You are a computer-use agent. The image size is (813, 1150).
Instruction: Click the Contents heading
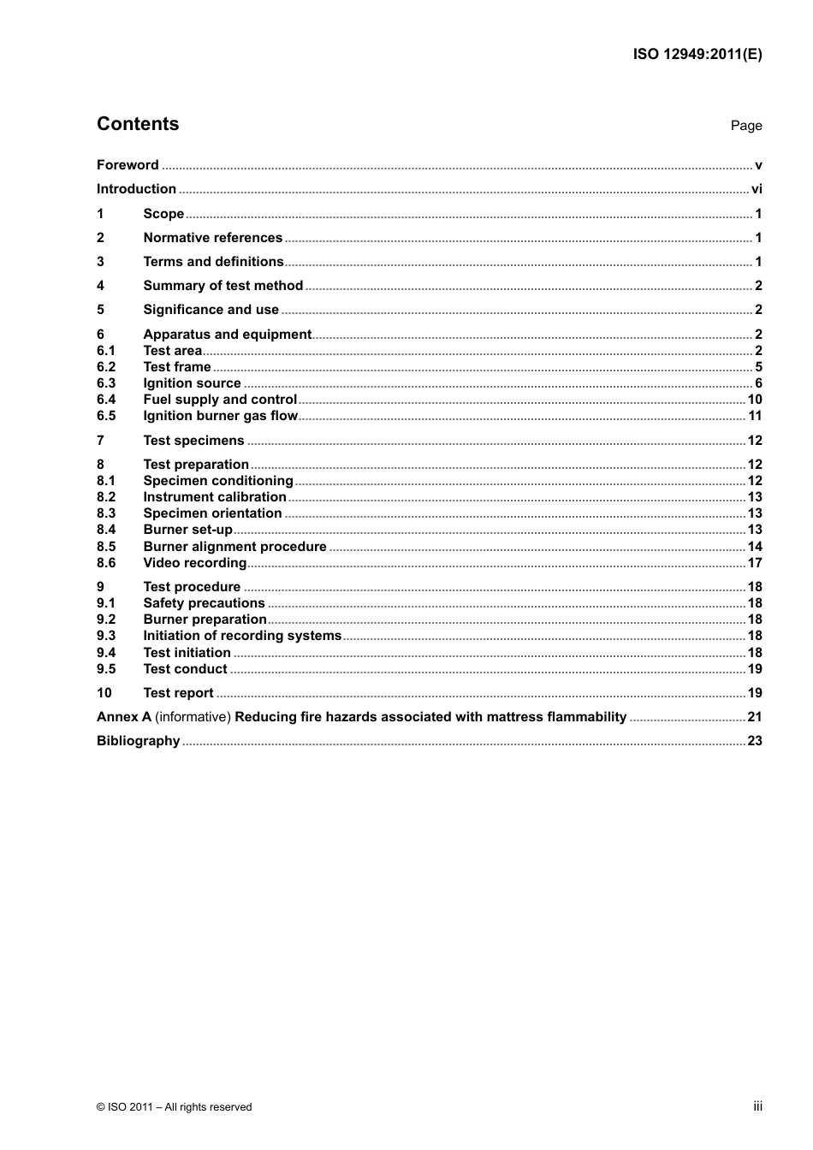pos(138,124)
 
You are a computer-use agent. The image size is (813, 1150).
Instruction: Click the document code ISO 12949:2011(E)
pos(697,54)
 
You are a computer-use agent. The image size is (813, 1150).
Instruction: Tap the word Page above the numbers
pos(745,126)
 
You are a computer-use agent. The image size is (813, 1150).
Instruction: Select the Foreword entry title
pos(128,165)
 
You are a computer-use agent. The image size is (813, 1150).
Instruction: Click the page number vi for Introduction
pos(756,189)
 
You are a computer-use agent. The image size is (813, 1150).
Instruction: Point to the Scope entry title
pos(163,214)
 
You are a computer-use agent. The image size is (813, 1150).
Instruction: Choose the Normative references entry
pos(212,238)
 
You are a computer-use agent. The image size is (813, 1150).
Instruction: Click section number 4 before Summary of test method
pos(100,286)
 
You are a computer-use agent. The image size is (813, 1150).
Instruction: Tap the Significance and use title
pos(211,310)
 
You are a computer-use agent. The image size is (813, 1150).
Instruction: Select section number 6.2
pos(105,367)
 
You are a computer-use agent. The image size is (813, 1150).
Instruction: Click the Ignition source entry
pos(192,383)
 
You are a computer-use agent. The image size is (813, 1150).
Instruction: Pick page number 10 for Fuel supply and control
pos(754,400)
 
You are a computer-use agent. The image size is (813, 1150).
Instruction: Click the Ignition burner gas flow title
pos(220,416)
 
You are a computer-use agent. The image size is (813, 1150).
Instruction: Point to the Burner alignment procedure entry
pos(234,547)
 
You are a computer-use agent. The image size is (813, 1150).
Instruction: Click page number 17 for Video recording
pos(754,563)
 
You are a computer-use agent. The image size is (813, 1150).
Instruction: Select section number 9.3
pos(105,636)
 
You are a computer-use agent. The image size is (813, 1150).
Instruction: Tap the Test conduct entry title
pos(185,669)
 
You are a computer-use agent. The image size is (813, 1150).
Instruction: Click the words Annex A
pos(123,717)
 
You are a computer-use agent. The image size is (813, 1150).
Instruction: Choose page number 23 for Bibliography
pos(754,741)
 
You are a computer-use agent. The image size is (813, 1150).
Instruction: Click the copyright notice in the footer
pos(174,1107)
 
